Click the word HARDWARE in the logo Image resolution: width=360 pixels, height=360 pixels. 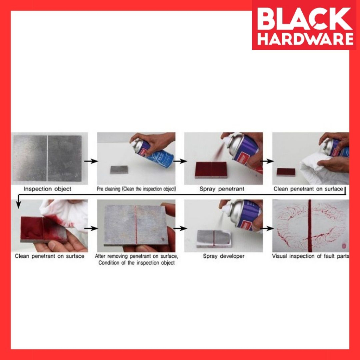pyautogui.click(x=306, y=39)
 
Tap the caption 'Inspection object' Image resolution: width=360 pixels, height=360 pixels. pyautogui.click(x=47, y=189)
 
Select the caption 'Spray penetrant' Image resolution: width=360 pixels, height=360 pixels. pyautogui.click(x=222, y=189)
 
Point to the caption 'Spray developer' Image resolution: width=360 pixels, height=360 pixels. pyautogui.click(x=224, y=256)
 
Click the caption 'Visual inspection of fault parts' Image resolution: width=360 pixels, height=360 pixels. pyautogui.click(x=310, y=256)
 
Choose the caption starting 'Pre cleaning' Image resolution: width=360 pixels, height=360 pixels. pyautogui.click(x=136, y=189)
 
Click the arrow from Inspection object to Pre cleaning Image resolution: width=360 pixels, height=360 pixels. pyautogui.click(x=91, y=161)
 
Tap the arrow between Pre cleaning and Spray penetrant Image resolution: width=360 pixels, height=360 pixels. pyautogui.click(x=180, y=161)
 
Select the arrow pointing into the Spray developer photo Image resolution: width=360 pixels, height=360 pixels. pyautogui.click(x=180, y=229)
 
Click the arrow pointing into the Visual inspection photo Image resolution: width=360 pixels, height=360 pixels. pyautogui.click(x=267, y=229)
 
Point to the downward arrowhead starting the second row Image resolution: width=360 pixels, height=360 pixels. pyautogui.click(x=19, y=204)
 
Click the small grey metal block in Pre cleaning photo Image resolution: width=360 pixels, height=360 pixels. pyautogui.click(x=119, y=169)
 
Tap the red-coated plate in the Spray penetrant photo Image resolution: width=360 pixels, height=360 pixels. pyautogui.click(x=211, y=169)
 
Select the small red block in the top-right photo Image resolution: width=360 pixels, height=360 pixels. pyautogui.click(x=286, y=172)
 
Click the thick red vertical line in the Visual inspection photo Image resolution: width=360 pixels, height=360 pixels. pyautogui.click(x=310, y=225)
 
